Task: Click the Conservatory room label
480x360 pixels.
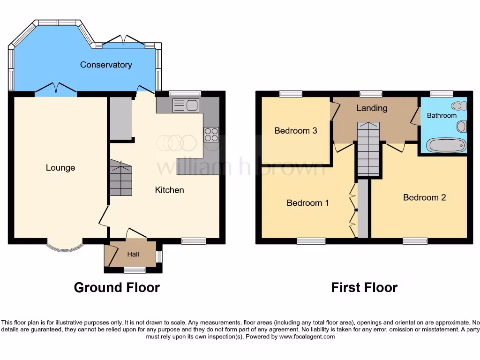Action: [106, 65]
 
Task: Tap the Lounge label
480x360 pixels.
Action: [60, 168]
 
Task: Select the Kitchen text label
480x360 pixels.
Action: [169, 190]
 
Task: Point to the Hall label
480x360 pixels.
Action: [133, 255]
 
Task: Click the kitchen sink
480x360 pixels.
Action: [186, 105]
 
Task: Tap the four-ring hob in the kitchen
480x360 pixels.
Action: [210, 135]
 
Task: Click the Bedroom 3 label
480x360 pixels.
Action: [296, 131]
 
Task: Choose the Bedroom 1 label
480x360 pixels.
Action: [307, 203]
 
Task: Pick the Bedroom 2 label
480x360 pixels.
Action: [424, 197]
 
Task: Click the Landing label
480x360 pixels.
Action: [372, 108]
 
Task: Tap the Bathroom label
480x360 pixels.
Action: [442, 115]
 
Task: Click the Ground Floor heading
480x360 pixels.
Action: [117, 287]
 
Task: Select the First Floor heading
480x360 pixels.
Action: [364, 287]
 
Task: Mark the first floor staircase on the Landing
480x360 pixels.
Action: [368, 149]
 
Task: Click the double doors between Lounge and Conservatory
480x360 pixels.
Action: [56, 89]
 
